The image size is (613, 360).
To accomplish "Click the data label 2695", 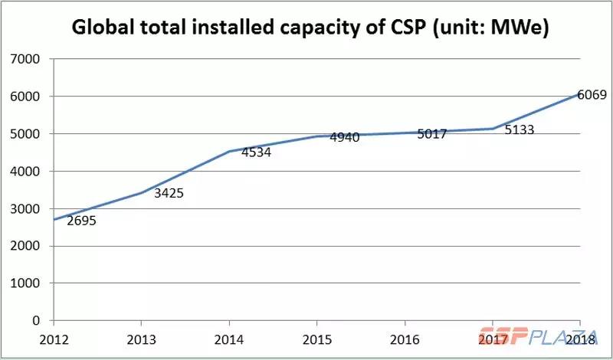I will tap(82, 221).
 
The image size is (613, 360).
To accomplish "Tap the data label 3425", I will tap(169, 193).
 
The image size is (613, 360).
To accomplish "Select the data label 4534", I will tap(256, 152).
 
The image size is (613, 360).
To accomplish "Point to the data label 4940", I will tap(345, 138).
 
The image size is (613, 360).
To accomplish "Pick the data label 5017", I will tap(432, 133).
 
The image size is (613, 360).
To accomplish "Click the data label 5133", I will tap(519, 129).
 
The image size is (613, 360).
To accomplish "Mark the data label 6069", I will tap(592, 95).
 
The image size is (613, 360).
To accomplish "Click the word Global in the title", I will tap(108, 28).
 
